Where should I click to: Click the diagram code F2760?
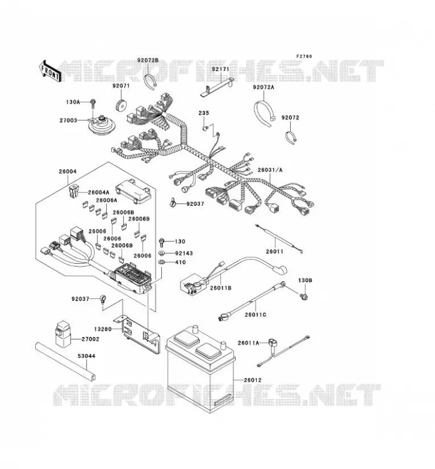click(x=304, y=56)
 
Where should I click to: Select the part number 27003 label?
click(x=68, y=120)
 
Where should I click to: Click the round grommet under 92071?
click(x=121, y=104)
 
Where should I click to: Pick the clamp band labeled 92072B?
click(x=150, y=81)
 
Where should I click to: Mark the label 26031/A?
click(x=270, y=170)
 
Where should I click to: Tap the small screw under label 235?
click(x=205, y=128)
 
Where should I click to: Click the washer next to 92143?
click(x=162, y=253)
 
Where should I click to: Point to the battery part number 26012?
click(x=253, y=380)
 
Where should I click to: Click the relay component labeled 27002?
click(x=62, y=333)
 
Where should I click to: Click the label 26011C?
click(x=255, y=315)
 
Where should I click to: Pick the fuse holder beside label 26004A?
click(x=73, y=192)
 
